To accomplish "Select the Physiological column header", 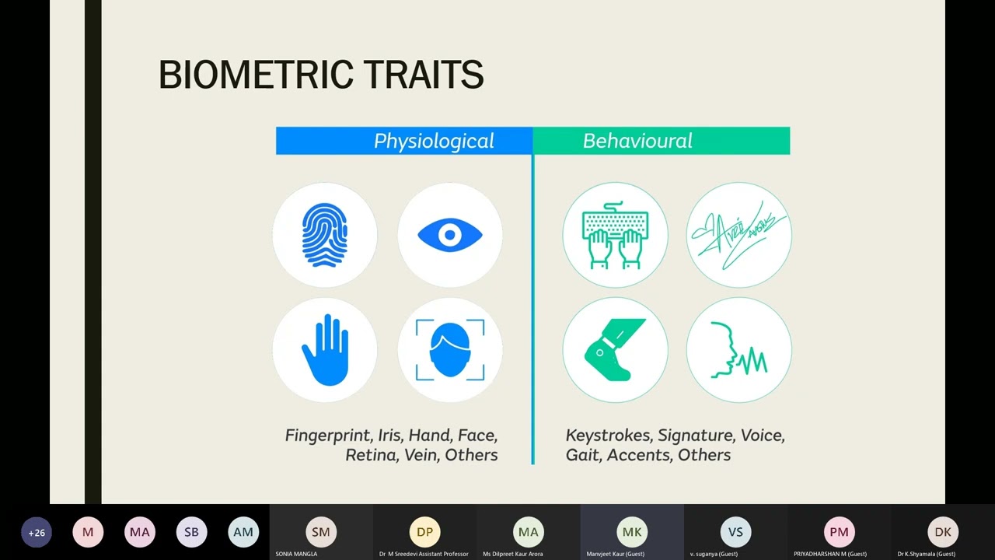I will pos(433,141).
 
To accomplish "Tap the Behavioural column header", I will pos(637,141).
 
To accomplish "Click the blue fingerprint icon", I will pos(325,235).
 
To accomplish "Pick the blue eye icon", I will pos(450,235).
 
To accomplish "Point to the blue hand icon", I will pos(325,350).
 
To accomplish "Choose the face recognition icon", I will pos(450,350).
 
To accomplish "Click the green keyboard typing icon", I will pos(615,235).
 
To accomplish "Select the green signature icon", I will pos(739,235).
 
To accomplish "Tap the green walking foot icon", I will pos(615,350).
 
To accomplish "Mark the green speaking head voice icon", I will pos(739,350).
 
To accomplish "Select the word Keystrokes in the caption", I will pos(607,436).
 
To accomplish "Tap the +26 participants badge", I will pos(37,533).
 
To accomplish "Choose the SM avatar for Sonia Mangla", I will pos(321,532).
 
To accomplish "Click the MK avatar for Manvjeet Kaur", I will pos(632,532).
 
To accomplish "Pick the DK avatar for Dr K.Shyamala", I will pos(943,532).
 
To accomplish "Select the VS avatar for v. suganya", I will pos(735,532).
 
